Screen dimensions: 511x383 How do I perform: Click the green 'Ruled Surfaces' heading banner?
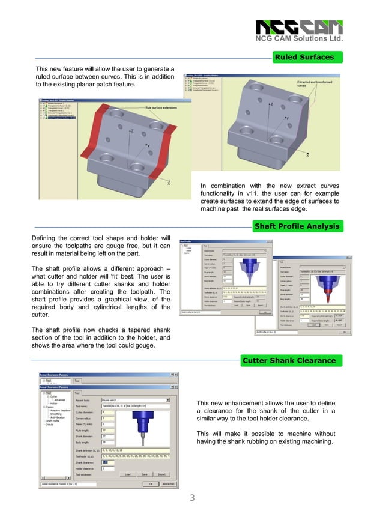304,58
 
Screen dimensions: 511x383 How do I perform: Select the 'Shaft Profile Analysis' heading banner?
297,226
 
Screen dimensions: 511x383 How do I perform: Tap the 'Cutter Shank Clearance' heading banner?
288,360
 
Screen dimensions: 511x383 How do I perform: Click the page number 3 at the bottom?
192,497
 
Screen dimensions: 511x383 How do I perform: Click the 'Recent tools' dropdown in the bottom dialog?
136,399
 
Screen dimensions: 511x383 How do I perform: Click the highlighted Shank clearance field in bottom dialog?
108,462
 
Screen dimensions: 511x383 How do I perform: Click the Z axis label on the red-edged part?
131,130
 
